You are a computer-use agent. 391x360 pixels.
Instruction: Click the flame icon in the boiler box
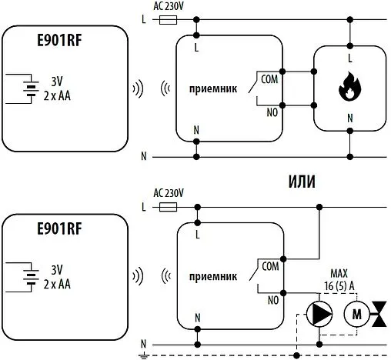[349, 88]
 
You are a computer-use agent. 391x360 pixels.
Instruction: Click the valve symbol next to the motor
[379, 313]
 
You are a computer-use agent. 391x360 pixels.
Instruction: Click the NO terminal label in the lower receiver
[271, 298]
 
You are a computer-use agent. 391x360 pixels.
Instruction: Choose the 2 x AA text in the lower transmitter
[55, 284]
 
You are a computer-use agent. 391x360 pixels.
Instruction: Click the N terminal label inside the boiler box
[349, 118]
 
